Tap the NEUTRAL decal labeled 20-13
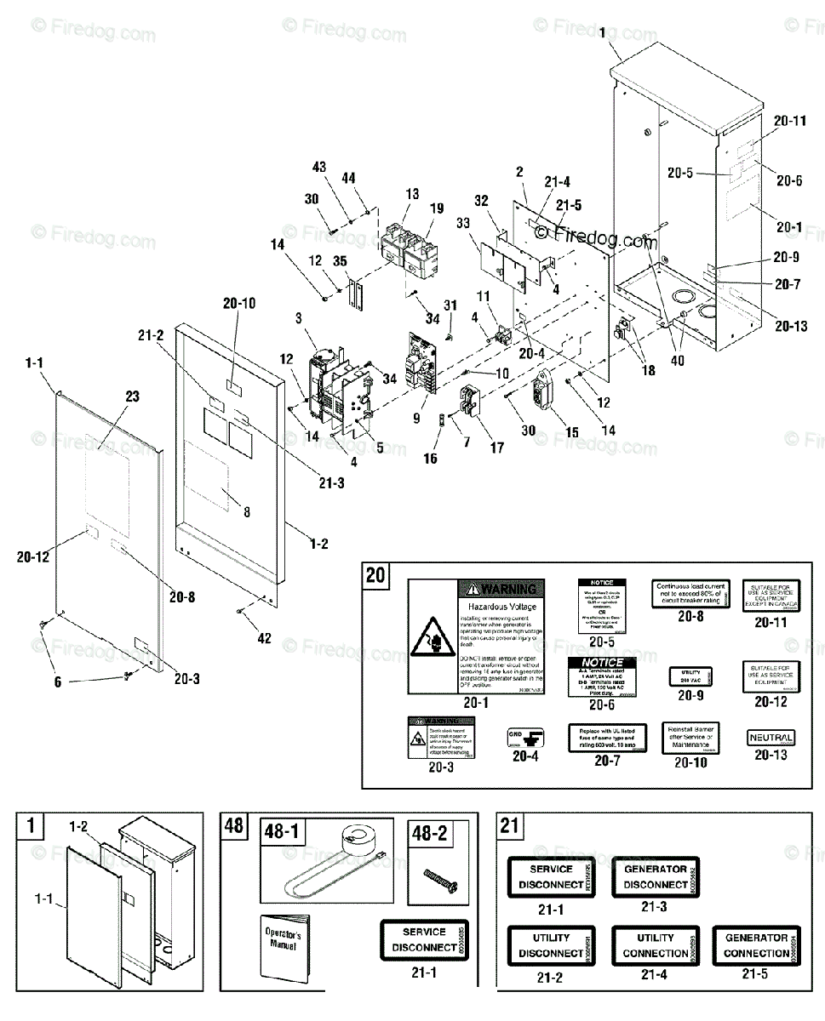click(771, 738)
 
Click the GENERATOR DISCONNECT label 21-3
click(655, 876)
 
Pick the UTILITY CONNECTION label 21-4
click(655, 944)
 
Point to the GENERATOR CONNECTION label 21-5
click(755, 944)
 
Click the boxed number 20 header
click(375, 576)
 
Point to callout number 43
click(319, 168)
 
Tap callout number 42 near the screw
click(265, 637)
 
